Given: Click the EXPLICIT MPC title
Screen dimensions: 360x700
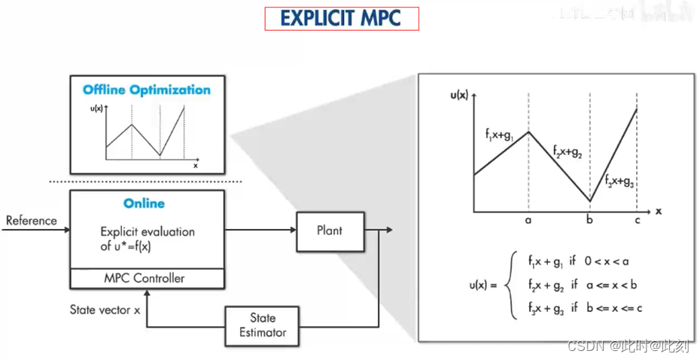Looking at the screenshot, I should click(x=341, y=19).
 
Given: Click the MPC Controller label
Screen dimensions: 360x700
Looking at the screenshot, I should click(x=144, y=278).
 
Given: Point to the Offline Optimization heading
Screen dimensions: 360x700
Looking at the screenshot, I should click(x=147, y=90).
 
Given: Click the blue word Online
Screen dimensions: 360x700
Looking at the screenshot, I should click(x=145, y=203).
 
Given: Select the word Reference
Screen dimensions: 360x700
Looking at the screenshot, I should click(x=32, y=221).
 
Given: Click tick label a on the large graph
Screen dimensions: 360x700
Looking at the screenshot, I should click(x=528, y=221).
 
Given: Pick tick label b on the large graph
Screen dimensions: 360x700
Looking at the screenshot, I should click(x=589, y=221).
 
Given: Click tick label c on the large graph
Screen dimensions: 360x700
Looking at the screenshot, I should click(x=637, y=221).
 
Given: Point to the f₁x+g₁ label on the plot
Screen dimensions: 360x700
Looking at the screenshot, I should click(x=500, y=136).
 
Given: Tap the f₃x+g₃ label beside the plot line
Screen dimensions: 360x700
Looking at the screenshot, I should click(x=619, y=181).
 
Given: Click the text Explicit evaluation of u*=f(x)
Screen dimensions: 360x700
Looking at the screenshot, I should click(x=147, y=238).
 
